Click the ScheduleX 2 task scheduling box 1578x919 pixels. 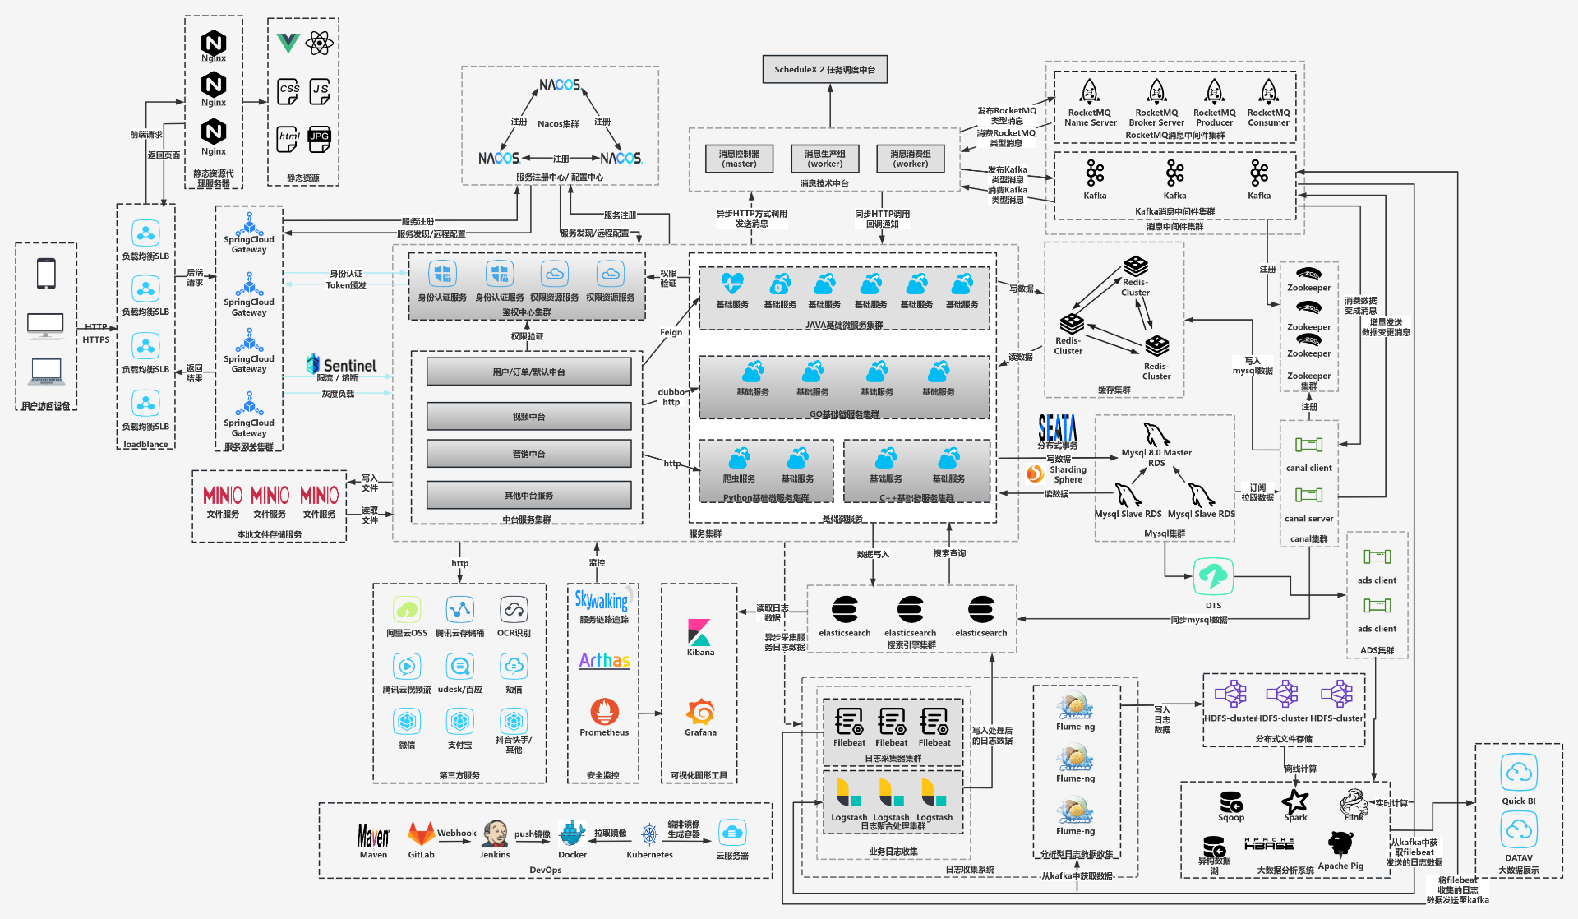point(824,70)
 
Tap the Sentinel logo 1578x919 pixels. point(341,364)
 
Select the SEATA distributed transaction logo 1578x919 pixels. point(1057,428)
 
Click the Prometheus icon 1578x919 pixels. point(604,711)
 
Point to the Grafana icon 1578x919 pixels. point(700,711)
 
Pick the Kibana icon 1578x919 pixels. point(700,633)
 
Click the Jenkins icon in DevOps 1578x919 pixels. point(495,834)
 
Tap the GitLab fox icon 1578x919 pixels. point(422,834)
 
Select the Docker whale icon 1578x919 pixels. point(572,834)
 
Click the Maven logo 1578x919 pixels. point(373,836)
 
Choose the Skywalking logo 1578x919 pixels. point(602,600)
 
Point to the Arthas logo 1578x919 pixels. point(604,660)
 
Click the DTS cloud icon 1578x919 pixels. point(1213,576)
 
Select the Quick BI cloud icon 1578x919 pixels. point(1518,774)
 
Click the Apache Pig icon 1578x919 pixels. point(1340,843)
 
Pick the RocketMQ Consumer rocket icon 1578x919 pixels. point(1268,91)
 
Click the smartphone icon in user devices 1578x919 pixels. point(46,274)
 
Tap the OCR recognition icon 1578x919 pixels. point(514,610)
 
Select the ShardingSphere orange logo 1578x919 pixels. point(1035,473)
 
